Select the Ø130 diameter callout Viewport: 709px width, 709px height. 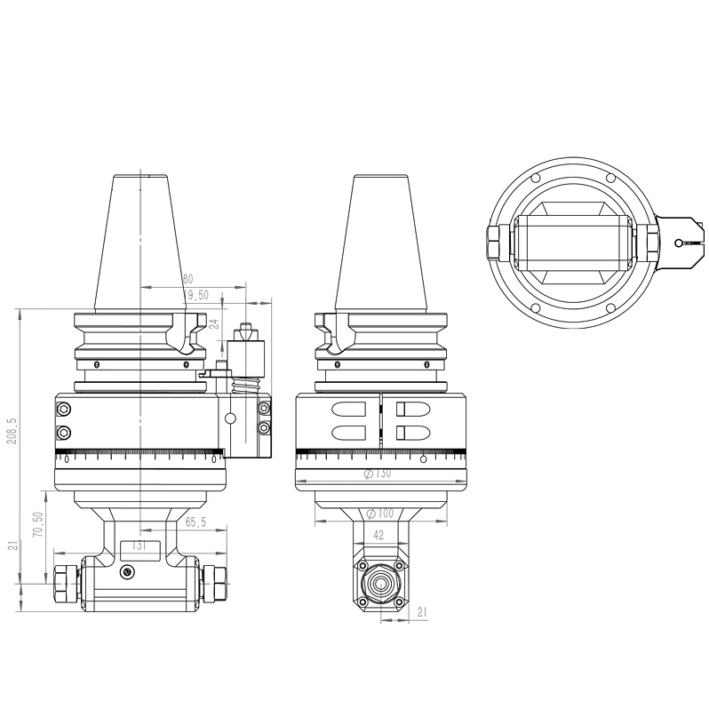[x=377, y=474]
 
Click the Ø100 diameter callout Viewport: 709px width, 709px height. [x=379, y=514]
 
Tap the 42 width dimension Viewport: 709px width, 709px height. [x=379, y=536]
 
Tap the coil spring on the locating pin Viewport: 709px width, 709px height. [x=246, y=387]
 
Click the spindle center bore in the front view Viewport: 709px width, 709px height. [x=379, y=584]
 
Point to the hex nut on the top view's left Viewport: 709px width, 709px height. [x=496, y=241]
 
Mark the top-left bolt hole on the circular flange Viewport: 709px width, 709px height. [x=536, y=178]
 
